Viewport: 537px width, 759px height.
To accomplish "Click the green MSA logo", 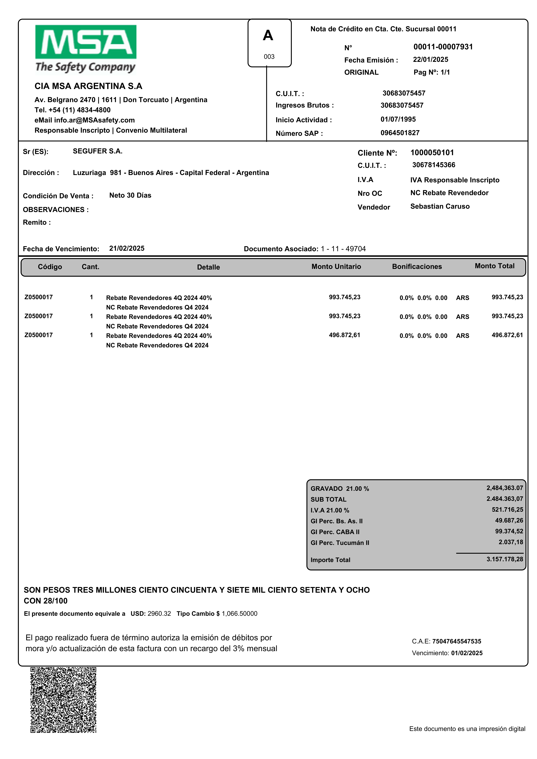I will [86, 42].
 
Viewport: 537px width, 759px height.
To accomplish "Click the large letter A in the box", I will [268, 35].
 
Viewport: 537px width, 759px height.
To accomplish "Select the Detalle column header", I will [208, 267].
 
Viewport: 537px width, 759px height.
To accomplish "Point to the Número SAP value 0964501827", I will [400, 133].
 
